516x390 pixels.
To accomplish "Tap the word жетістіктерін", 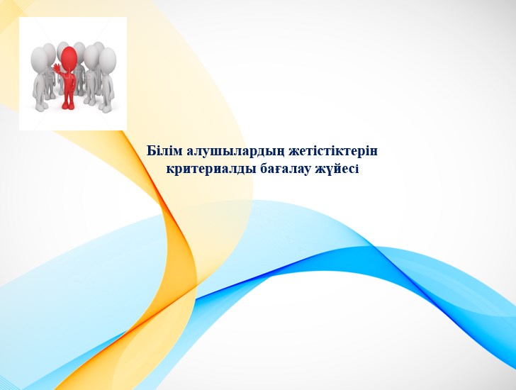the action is tap(333, 152).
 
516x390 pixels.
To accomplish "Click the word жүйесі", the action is tap(337, 169).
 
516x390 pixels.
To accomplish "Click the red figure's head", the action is tap(69, 56).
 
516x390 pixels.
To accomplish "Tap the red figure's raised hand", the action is tap(57, 68).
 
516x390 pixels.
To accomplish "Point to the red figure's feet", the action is tap(69, 106).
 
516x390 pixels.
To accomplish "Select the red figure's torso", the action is tap(69, 79).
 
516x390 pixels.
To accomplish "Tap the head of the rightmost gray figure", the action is tap(108, 59).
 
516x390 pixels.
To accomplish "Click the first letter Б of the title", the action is tap(151, 151).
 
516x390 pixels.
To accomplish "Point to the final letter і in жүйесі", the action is tap(357, 169).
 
